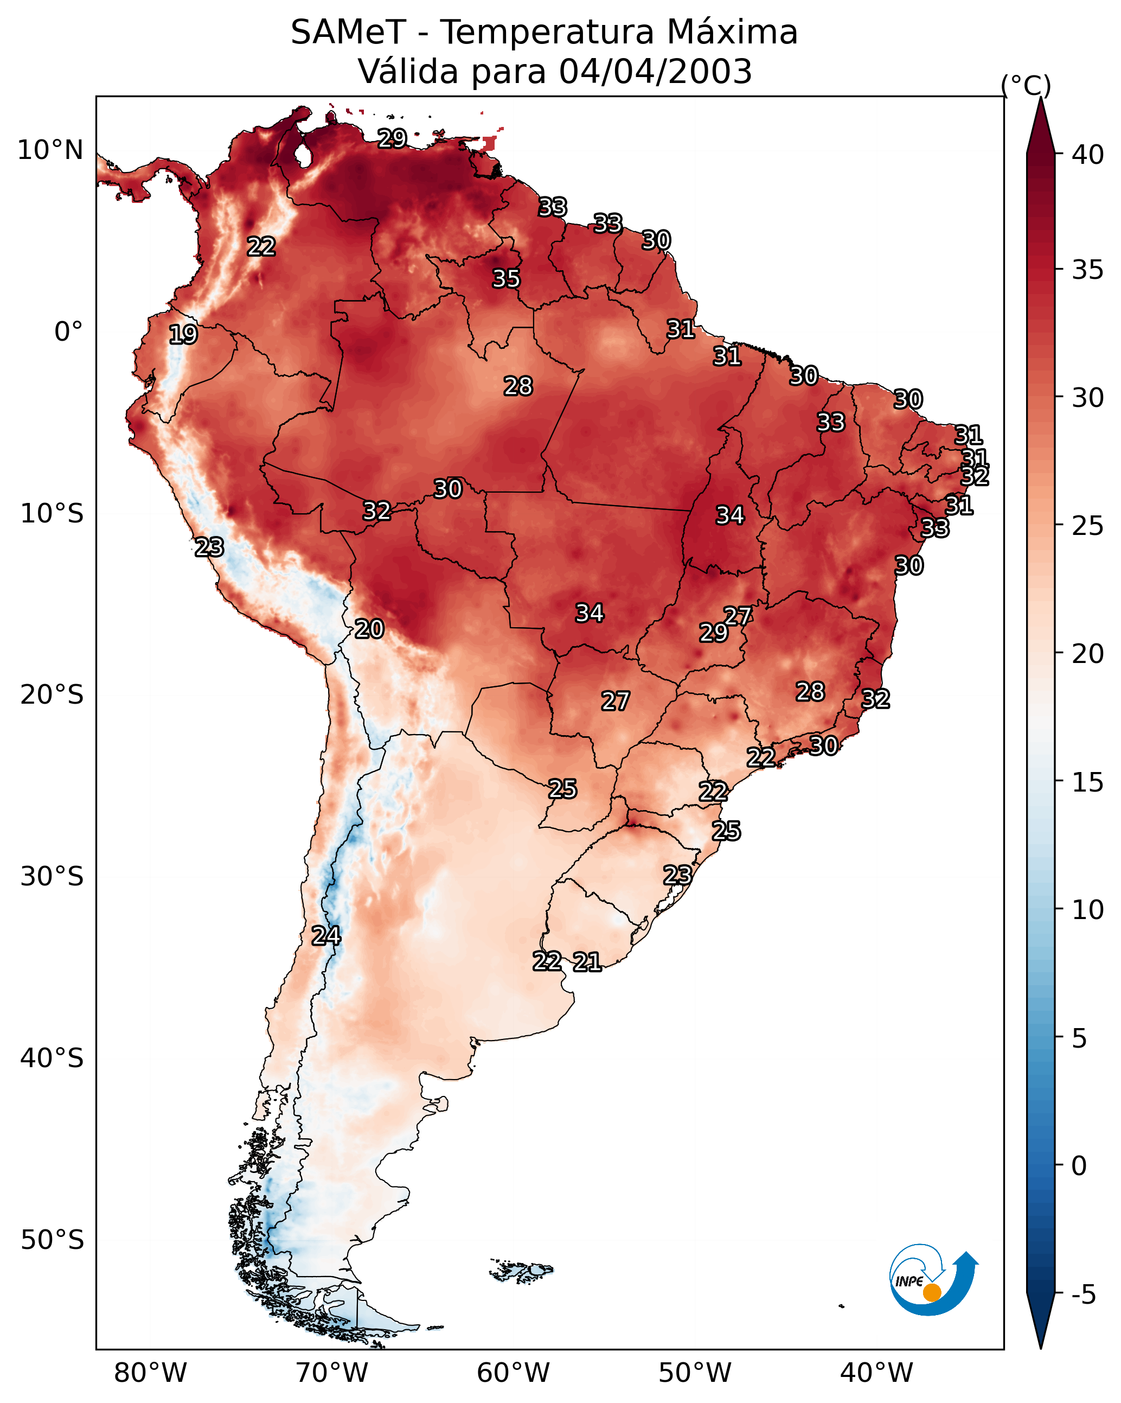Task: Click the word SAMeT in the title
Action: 348,33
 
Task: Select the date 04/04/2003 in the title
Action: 655,72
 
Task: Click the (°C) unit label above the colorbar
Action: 1026,85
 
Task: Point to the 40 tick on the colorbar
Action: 1088,155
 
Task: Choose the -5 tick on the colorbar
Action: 1083,1294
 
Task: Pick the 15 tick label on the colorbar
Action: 1088,782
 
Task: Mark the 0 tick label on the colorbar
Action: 1079,1166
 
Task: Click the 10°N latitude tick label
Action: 50,150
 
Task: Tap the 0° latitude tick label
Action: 68,332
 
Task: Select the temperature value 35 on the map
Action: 505,278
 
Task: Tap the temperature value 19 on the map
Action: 183,335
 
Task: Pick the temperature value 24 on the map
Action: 325,936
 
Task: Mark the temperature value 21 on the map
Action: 587,962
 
